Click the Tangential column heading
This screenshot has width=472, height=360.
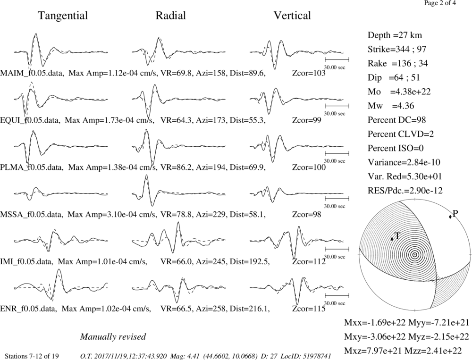tap(63, 16)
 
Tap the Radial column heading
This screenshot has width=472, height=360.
tap(171, 16)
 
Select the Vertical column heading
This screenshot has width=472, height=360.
tap(292, 16)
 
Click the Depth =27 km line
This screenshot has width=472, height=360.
tap(395, 35)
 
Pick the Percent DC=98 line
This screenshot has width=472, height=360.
tap(397, 120)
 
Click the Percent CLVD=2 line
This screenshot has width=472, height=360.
tap(401, 134)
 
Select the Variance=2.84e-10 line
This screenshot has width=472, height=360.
tap(404, 162)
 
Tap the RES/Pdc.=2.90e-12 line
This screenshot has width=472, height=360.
tap(405, 191)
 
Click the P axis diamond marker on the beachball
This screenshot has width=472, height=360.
tap(450, 217)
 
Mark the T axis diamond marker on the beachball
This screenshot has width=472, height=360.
tap(392, 239)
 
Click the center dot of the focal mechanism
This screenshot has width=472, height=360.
tap(415, 255)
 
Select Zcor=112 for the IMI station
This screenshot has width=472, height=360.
tap(309, 262)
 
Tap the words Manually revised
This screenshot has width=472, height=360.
tap(113, 336)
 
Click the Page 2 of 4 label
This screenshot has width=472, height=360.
tap(440, 3)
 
